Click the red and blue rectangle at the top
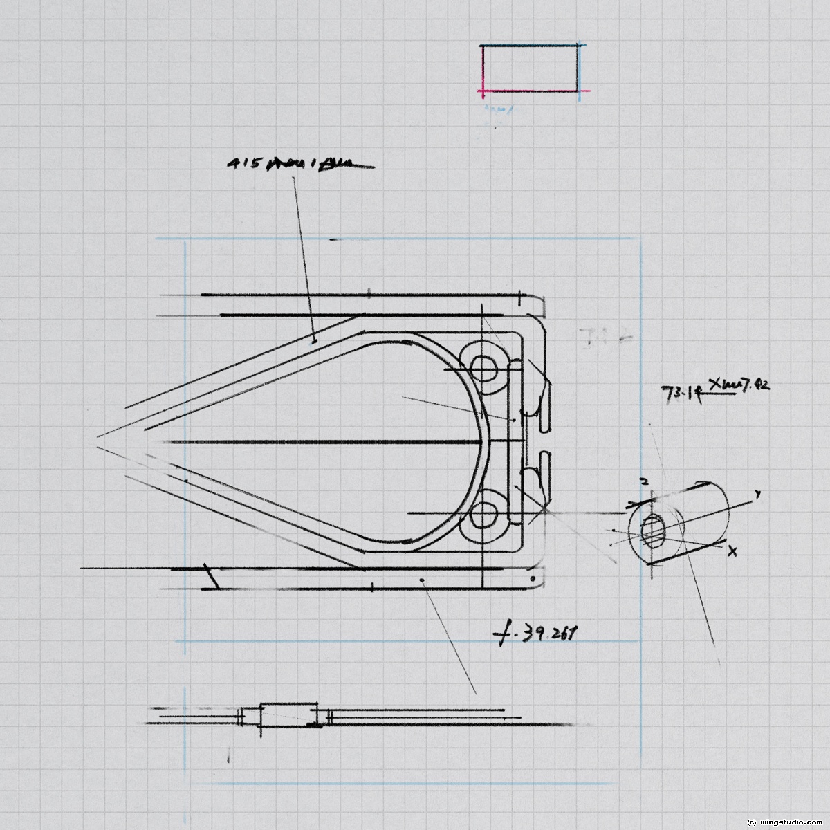point(531,68)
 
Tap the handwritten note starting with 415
point(299,164)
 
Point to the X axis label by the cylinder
point(733,551)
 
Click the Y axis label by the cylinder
point(758,495)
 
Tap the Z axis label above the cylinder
point(643,481)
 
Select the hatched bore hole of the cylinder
point(653,532)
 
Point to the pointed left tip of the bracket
point(98,437)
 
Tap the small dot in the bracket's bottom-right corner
point(531,577)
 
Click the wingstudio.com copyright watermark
point(784,822)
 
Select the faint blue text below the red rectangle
point(497,109)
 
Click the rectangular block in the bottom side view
point(288,715)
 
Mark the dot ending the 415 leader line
point(314,340)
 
